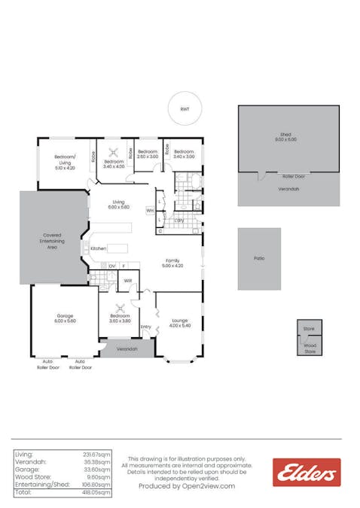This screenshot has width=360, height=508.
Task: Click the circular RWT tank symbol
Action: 185,110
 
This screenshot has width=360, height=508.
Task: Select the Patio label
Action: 259,258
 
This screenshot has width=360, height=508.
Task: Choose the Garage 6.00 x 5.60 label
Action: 64,318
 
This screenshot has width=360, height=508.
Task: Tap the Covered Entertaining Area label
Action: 52,240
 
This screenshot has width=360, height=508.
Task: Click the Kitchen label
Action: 99,248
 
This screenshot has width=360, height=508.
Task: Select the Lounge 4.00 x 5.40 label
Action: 179,323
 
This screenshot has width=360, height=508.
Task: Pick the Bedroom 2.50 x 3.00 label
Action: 148,154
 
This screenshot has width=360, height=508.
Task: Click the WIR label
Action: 128,281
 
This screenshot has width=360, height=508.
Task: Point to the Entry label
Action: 145,327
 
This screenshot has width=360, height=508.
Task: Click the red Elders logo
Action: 307,472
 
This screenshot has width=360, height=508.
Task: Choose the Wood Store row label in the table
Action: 31,477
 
